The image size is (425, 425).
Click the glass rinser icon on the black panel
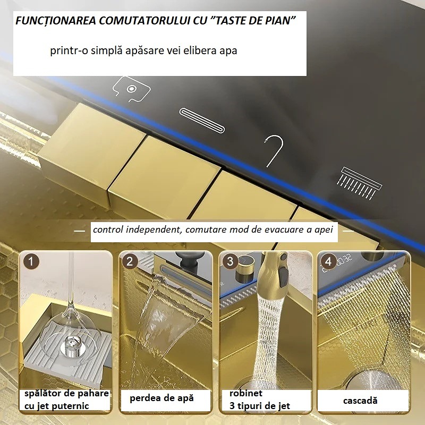(131, 89)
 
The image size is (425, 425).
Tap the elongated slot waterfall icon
(202, 121)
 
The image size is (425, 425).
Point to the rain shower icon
(359, 183)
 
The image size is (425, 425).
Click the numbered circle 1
(31, 261)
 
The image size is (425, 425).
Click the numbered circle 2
(130, 261)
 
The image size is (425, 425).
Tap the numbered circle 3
(230, 261)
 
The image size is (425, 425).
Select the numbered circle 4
(328, 261)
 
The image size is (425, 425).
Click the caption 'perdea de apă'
(162, 398)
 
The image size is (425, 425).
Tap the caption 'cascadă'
(360, 401)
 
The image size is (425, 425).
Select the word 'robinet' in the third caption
(246, 393)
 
